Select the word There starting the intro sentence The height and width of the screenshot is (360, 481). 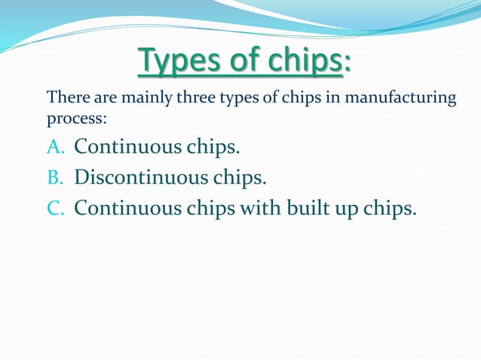[x=66, y=98]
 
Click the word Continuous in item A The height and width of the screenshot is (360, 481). [x=126, y=146]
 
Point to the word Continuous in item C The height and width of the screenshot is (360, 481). [x=126, y=208]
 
